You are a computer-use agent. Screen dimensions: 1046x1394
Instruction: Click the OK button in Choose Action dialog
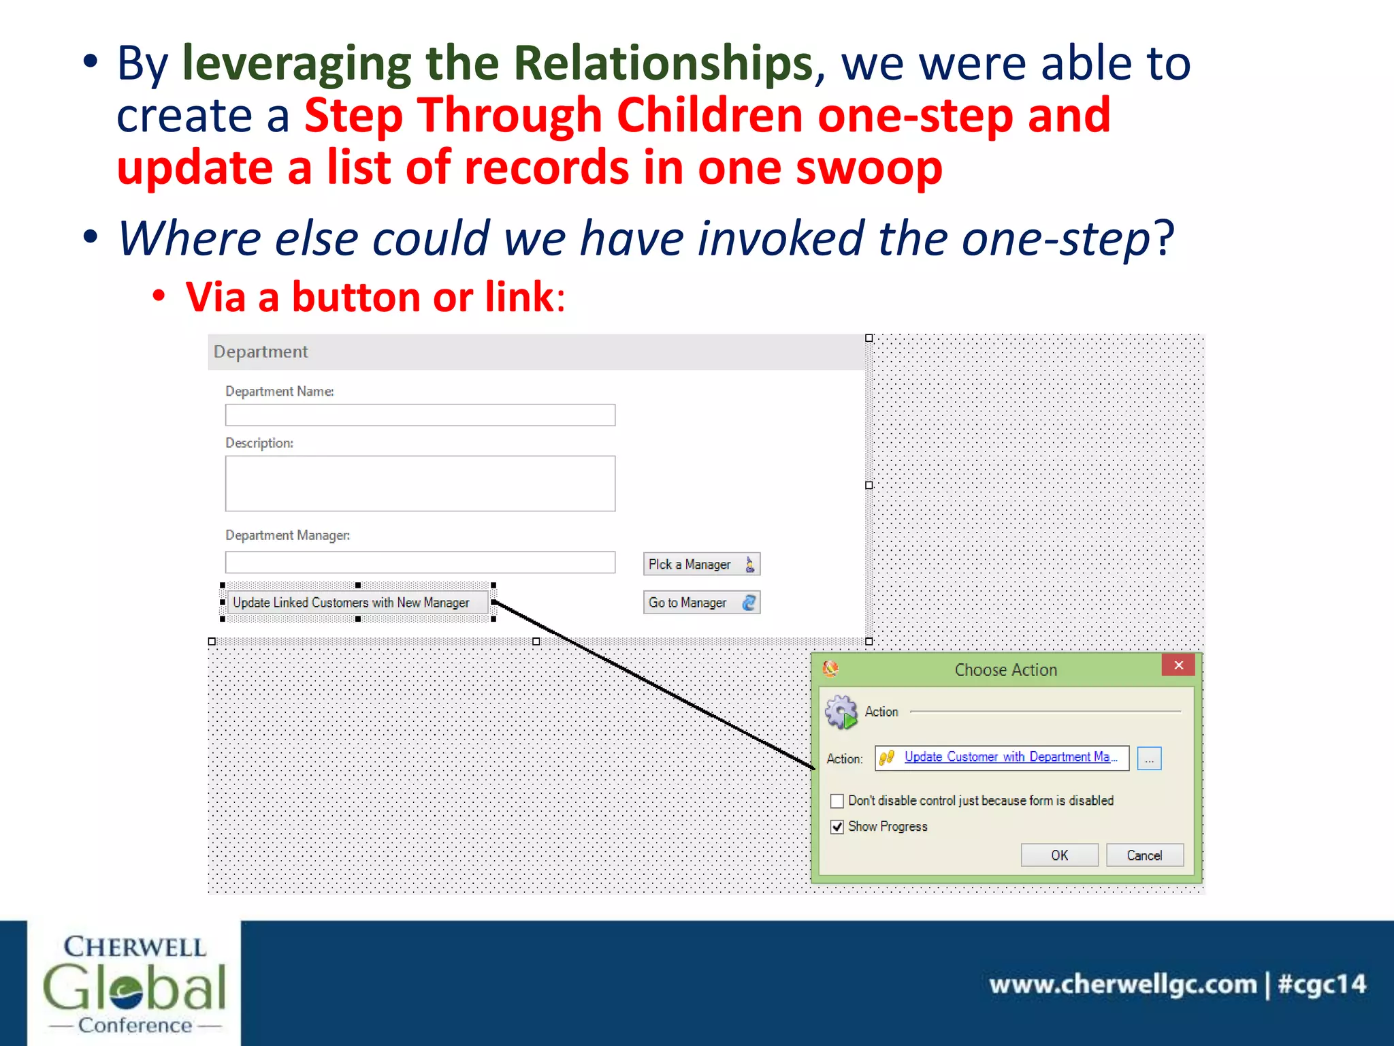(1059, 855)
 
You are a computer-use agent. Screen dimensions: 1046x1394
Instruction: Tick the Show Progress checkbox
(837, 827)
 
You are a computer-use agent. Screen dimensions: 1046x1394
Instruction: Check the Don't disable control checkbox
(837, 801)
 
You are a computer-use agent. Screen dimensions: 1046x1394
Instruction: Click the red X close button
(1178, 665)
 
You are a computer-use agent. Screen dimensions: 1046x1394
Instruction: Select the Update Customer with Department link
(1009, 757)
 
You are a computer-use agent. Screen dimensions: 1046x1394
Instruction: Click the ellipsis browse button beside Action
(1149, 759)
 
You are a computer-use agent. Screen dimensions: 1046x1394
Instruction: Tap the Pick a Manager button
(701, 565)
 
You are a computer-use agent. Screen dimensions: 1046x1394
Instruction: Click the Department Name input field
(420, 415)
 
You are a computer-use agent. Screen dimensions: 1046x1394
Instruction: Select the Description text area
(420, 484)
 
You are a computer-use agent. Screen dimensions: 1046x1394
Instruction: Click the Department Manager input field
(420, 562)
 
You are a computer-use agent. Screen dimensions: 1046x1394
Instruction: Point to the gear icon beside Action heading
(841, 712)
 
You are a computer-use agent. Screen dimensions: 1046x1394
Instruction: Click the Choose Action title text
(1005, 670)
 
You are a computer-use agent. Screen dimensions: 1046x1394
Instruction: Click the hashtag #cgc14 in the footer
(1321, 985)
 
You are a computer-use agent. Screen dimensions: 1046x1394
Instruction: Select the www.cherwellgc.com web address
(1122, 985)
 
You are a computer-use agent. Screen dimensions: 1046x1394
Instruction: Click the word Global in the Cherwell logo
(134, 988)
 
